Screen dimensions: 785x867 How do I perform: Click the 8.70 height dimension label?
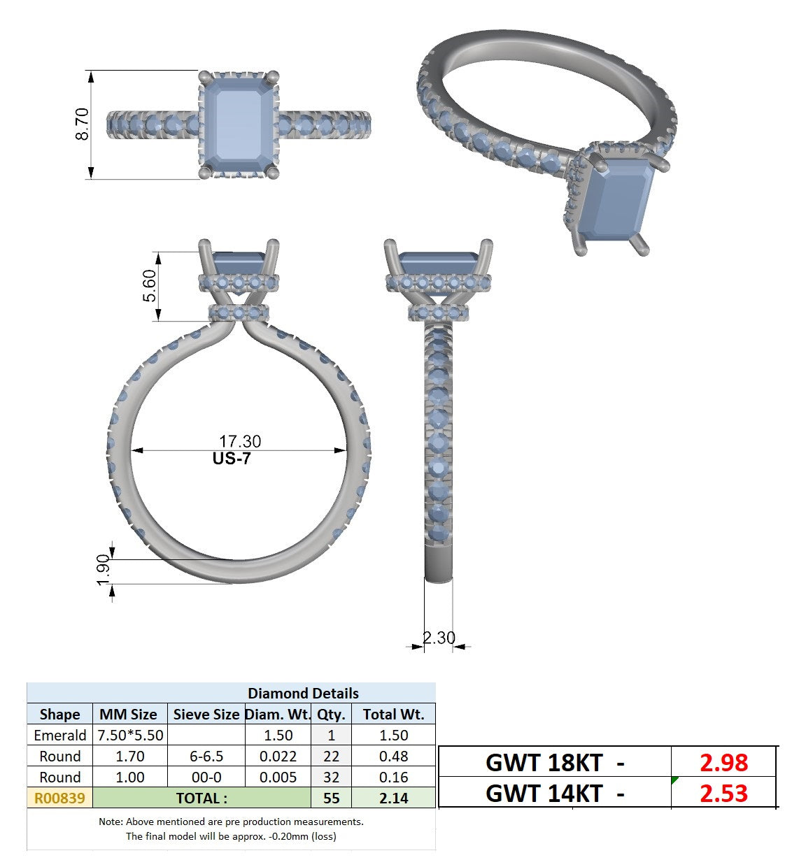coord(82,124)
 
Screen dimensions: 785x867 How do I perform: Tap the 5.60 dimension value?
coord(149,286)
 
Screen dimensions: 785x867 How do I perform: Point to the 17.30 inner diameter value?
coord(240,442)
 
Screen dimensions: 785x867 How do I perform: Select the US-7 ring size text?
coord(232,459)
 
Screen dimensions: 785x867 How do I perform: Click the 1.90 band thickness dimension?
coord(104,570)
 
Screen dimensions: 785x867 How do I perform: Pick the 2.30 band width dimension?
coord(439,638)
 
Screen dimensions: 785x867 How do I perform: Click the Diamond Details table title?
coord(303,694)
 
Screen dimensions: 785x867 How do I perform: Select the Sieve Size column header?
coord(206,715)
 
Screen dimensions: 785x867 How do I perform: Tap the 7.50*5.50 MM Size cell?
coord(130,736)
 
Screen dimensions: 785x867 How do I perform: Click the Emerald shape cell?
coord(60,736)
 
